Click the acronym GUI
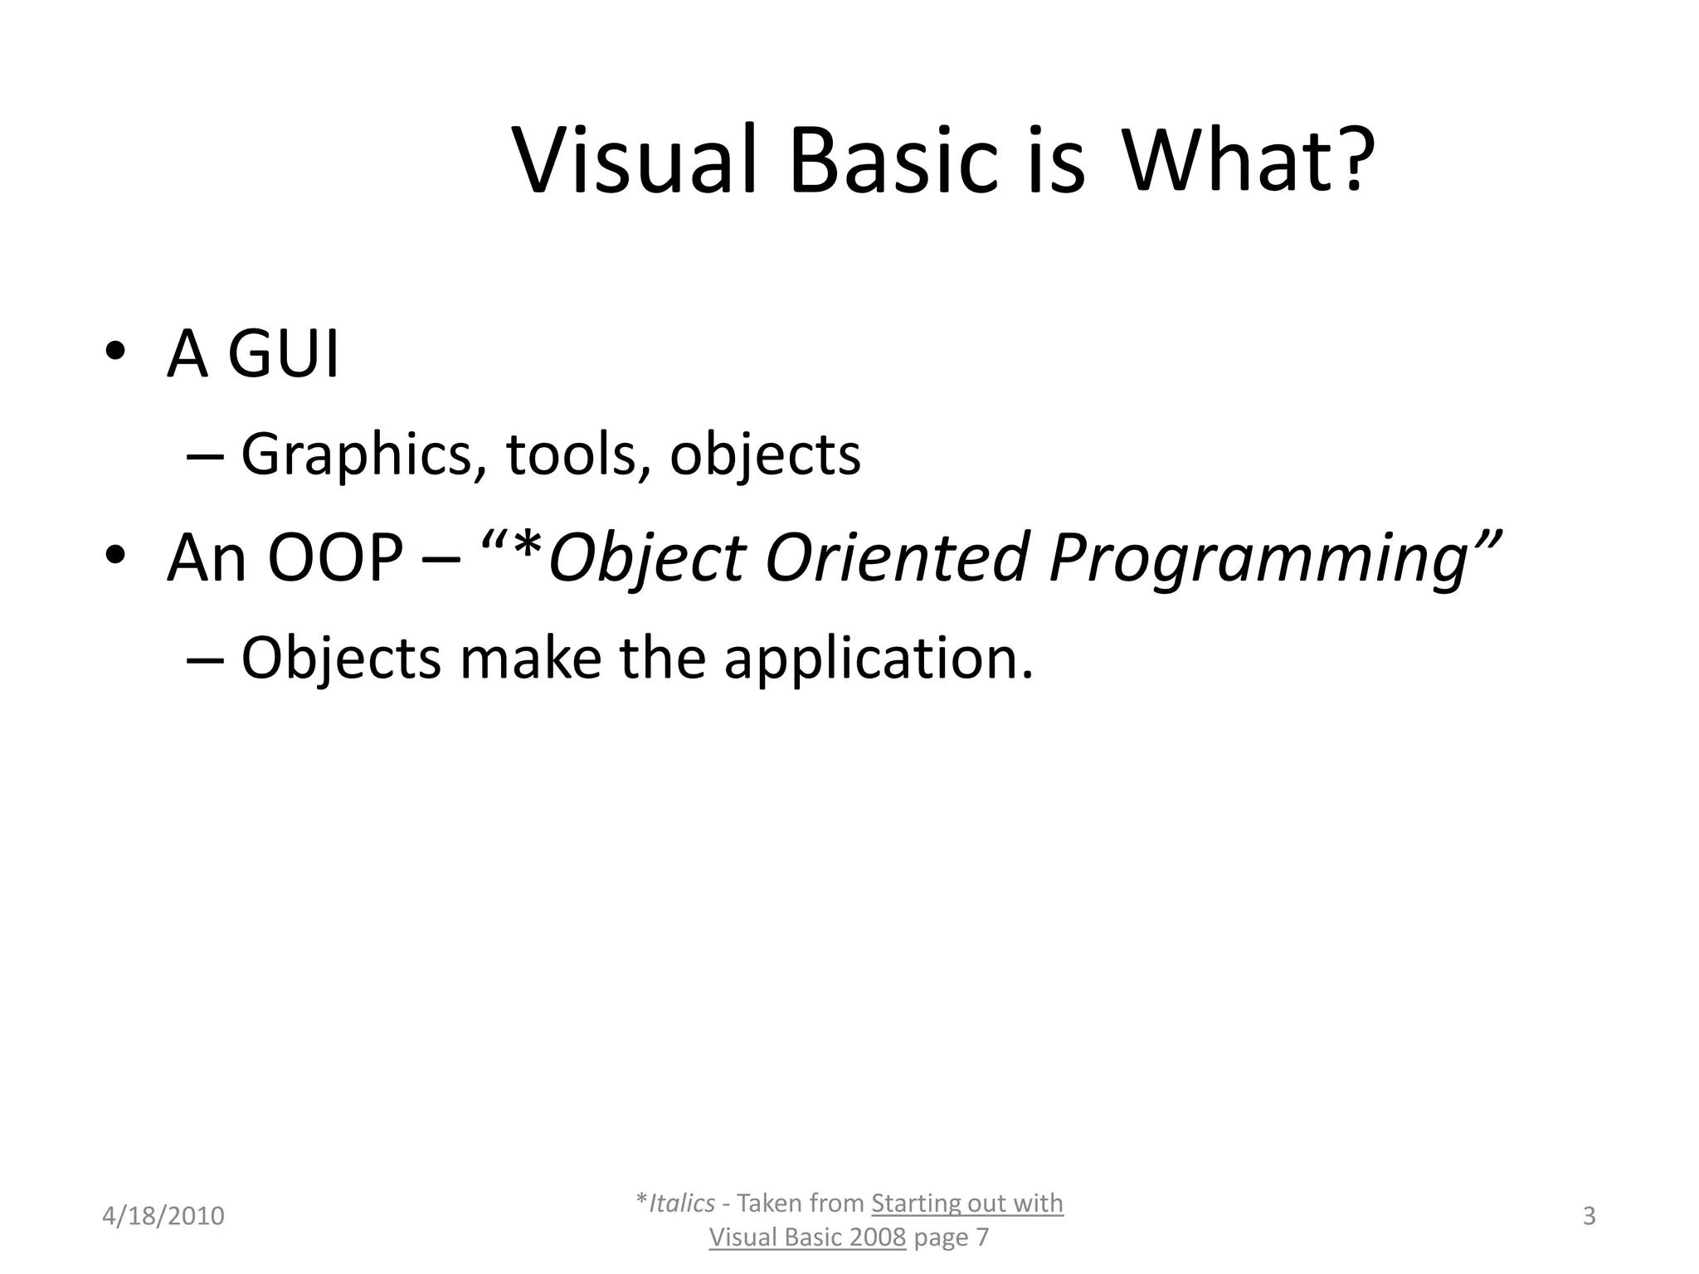[283, 355]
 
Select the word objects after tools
[765, 456]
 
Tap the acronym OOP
[335, 558]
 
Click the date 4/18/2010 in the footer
[163, 1216]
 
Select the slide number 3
[1589, 1216]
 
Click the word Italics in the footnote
[681, 1203]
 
